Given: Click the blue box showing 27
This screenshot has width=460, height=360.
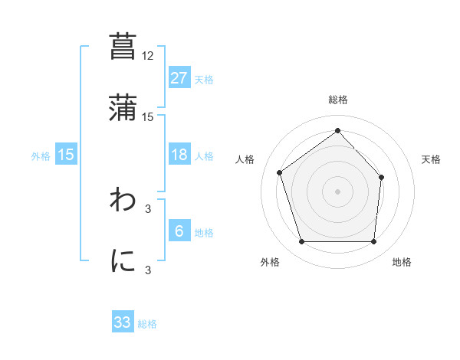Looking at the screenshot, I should coord(179,78).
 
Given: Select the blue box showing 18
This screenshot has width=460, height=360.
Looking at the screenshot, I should coord(179,155).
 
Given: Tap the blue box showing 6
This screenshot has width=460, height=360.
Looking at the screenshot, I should coord(179,231).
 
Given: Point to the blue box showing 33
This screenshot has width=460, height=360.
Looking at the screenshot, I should coord(123,322).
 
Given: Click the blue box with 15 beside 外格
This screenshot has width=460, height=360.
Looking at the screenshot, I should coord(66,155).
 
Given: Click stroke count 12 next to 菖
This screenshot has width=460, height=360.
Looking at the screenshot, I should coord(148,55).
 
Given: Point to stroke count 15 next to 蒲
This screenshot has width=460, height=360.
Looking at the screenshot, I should coord(148,116).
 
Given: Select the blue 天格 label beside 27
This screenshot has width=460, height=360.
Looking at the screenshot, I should coord(204,79).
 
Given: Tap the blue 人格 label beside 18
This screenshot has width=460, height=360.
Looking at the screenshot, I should coord(204,155).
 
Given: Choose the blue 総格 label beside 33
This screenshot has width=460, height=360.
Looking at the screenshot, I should coord(147,323).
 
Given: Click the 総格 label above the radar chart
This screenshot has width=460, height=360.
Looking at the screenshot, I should coord(338,100).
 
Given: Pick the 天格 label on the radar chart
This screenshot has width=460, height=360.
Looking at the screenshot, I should coord(432,159).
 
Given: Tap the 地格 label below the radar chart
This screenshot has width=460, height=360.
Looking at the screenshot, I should coord(402,262).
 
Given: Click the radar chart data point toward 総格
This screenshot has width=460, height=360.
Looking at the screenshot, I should coord(338,131).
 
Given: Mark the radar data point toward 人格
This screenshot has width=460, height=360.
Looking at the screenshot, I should coord(281,172).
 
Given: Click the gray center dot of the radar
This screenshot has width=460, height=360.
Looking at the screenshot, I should coord(338,191).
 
